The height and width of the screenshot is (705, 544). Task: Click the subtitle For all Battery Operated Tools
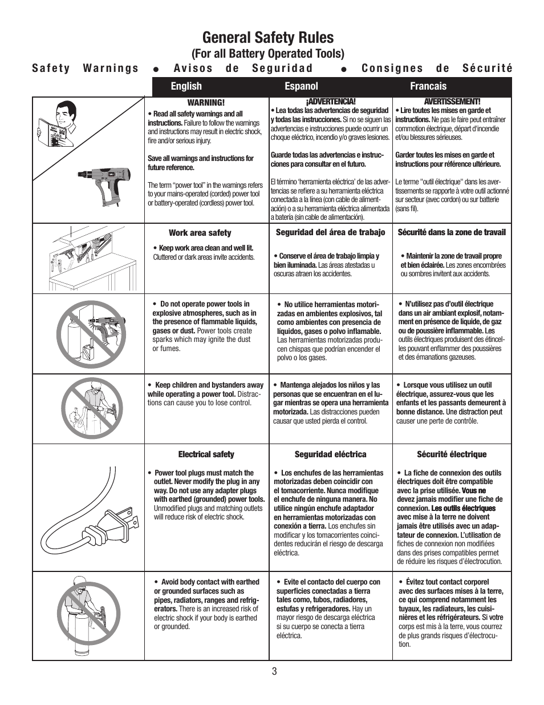267,54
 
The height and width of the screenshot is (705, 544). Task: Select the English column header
186,86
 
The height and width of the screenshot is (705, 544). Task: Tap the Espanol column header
301,86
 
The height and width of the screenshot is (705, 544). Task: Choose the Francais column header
428,86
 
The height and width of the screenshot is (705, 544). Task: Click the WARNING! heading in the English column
206,103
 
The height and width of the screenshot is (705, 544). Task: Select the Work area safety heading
200,233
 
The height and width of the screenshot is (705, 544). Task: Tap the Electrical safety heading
206,454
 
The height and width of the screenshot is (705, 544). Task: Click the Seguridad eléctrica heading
330,454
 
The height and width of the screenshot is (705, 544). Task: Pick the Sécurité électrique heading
452,454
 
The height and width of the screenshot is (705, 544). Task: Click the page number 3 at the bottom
274,671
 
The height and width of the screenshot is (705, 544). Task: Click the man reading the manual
59,123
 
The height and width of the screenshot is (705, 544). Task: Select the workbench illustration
88,259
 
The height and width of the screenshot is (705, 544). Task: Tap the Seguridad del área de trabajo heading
330,232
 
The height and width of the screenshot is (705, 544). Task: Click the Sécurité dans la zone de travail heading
452,232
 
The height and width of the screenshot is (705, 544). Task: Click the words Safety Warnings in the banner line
86,69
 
